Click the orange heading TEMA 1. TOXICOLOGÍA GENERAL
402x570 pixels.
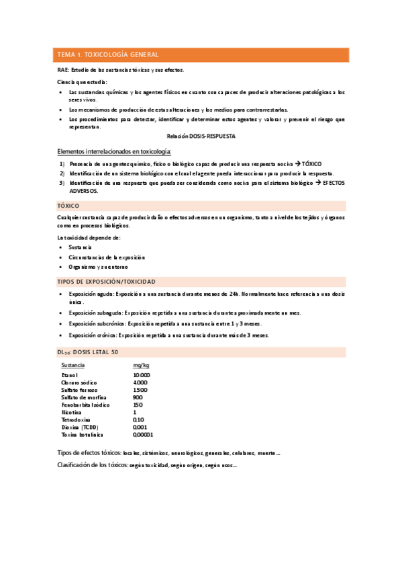[108, 54]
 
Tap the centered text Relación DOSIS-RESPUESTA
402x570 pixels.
[201, 136]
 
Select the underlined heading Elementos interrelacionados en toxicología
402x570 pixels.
[115, 151]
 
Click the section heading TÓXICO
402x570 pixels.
[69, 205]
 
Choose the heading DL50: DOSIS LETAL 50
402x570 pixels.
[89, 352]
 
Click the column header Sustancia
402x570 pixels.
[73, 365]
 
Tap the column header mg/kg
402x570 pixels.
[141, 365]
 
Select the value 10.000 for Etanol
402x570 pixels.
[142, 375]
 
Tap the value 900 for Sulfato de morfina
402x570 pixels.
[138, 397]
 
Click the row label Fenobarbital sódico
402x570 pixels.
[86, 405]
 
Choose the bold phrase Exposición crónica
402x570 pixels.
[92, 335]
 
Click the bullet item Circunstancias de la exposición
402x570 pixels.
[106, 257]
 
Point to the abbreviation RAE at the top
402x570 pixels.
[63, 70]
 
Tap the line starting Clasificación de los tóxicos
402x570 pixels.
[148, 465]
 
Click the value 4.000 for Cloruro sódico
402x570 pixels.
[140, 382]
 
